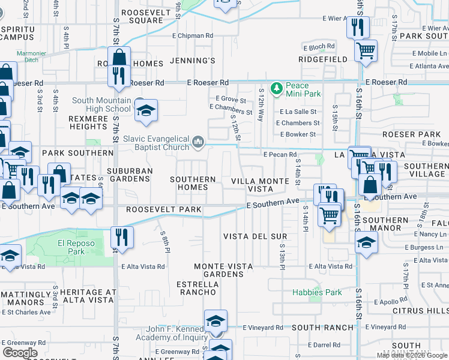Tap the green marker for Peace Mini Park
(x=276, y=89)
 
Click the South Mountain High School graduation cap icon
(x=146, y=111)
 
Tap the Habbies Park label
(x=317, y=292)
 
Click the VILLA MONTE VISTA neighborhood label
(x=252, y=184)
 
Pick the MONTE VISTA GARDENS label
(x=218, y=270)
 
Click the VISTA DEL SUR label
(x=249, y=236)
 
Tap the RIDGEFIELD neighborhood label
(x=324, y=59)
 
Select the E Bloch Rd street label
(x=318, y=47)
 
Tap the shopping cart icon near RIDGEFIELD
(x=366, y=51)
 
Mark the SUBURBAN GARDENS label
(x=130, y=175)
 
